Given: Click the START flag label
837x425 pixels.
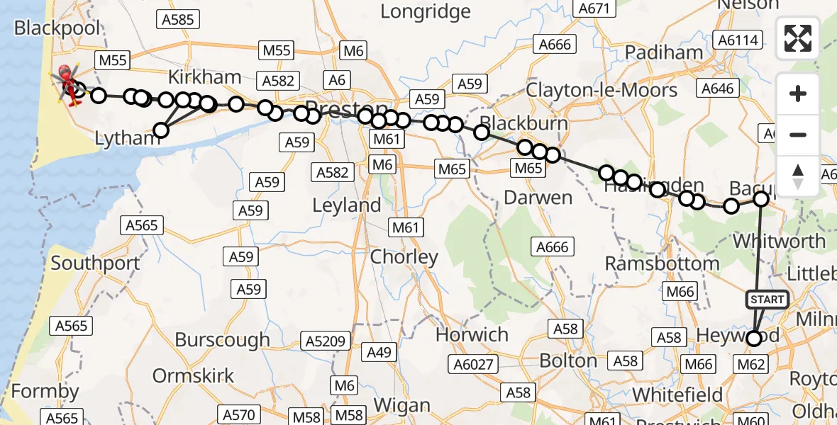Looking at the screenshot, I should click(767, 300).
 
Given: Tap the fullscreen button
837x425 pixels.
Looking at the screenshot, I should click(798, 38).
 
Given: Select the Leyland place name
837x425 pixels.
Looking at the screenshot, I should click(347, 206).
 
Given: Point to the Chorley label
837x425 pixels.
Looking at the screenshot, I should click(404, 257).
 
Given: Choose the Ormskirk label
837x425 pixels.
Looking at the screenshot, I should click(193, 375).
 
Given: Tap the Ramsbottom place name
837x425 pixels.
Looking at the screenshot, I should click(662, 263).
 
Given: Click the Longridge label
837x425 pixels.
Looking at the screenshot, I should click(426, 11).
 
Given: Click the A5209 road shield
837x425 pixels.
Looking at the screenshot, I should click(325, 341).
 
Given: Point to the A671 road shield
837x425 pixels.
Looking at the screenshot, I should click(594, 8).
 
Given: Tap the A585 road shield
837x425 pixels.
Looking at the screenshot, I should click(177, 20).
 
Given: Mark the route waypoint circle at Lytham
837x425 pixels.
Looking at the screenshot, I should click(161, 130).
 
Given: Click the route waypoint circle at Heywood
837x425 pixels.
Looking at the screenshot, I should click(754, 339).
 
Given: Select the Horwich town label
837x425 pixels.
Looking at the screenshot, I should click(472, 334).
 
